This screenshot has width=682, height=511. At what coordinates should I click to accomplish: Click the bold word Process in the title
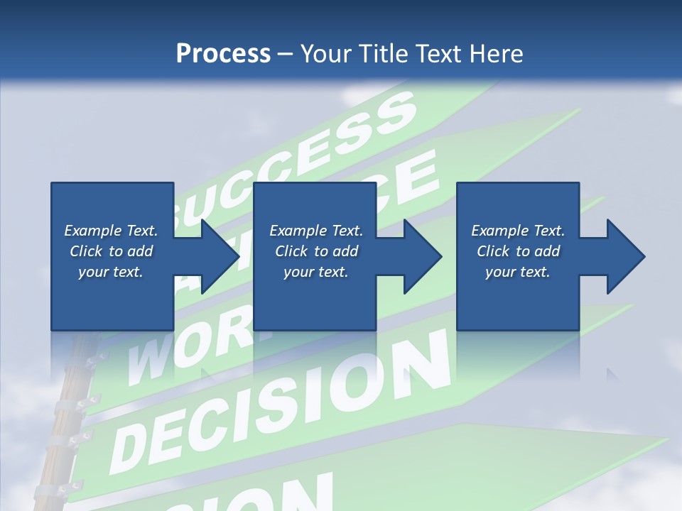[223, 54]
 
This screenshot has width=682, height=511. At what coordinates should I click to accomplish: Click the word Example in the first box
[93, 231]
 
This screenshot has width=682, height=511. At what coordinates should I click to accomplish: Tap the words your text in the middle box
[315, 272]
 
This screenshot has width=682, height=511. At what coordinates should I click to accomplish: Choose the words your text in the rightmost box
[517, 272]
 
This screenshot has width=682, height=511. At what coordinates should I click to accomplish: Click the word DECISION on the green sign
[284, 401]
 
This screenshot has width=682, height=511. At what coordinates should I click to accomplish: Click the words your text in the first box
[110, 272]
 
